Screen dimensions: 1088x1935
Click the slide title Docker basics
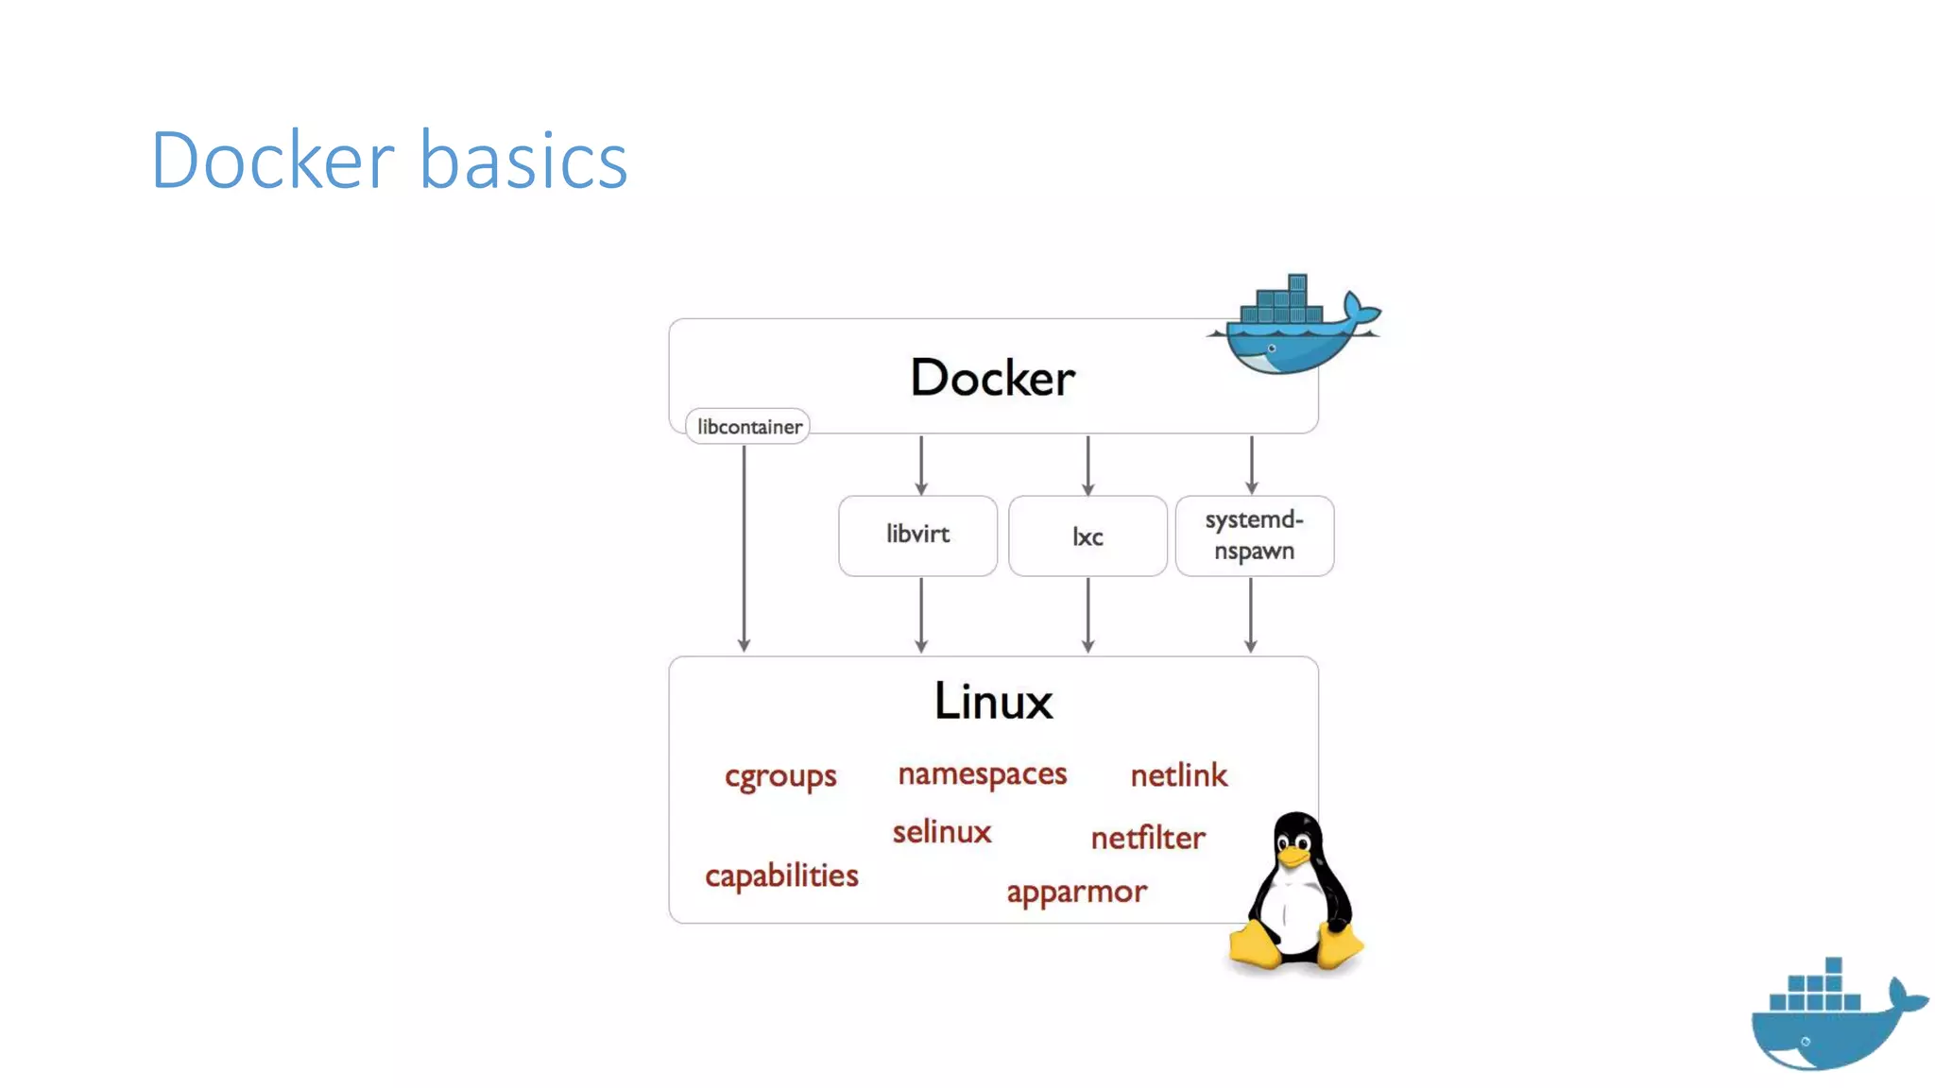click(388, 160)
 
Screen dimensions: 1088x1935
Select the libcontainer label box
click(747, 427)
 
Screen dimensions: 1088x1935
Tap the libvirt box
click(917, 535)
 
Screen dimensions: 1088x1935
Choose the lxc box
click(1087, 536)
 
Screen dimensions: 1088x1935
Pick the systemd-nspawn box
click(1254, 535)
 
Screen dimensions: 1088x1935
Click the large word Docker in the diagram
click(992, 378)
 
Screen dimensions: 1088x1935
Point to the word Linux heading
click(993, 702)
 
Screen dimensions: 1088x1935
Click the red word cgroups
click(780, 776)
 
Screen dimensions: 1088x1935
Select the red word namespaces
click(982, 774)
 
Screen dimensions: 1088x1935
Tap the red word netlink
click(1178, 775)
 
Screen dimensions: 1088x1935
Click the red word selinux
click(941, 832)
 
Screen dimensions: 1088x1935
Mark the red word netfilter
click(1147, 838)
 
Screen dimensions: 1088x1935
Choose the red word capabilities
click(781, 875)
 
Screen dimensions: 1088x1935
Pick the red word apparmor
click(1076, 892)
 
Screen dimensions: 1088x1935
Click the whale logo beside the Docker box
click(1295, 326)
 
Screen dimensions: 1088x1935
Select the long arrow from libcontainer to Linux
click(745, 548)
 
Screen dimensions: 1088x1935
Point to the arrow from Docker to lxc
click(1087, 466)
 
